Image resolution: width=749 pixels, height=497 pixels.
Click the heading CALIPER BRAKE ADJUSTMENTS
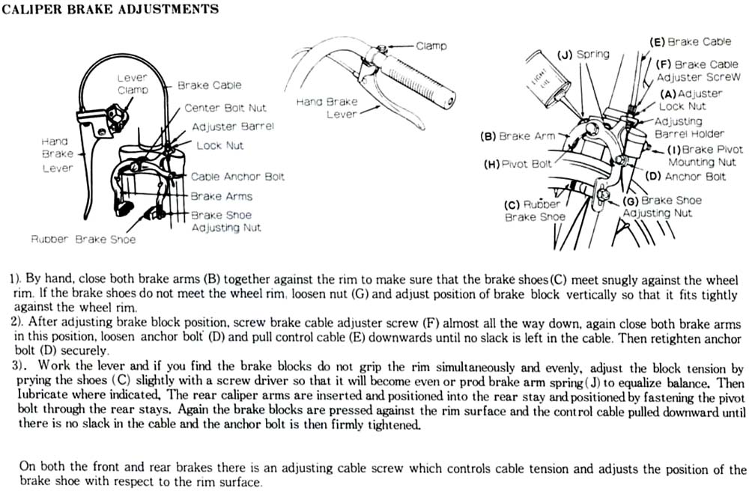coord(112,10)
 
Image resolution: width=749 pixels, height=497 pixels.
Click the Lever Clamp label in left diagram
coord(133,84)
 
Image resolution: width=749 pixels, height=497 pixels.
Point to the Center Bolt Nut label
coord(225,109)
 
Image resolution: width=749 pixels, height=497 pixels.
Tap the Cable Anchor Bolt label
coord(237,177)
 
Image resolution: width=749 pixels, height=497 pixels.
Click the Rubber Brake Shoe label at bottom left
coord(83,240)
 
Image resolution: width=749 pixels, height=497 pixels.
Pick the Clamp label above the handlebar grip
coord(431,46)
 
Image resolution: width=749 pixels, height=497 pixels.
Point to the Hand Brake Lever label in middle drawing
coord(327,108)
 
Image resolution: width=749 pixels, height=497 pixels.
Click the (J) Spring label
coord(583,54)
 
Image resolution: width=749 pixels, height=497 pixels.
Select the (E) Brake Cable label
coord(689,42)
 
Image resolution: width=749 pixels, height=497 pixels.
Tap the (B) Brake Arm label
coord(517,136)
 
